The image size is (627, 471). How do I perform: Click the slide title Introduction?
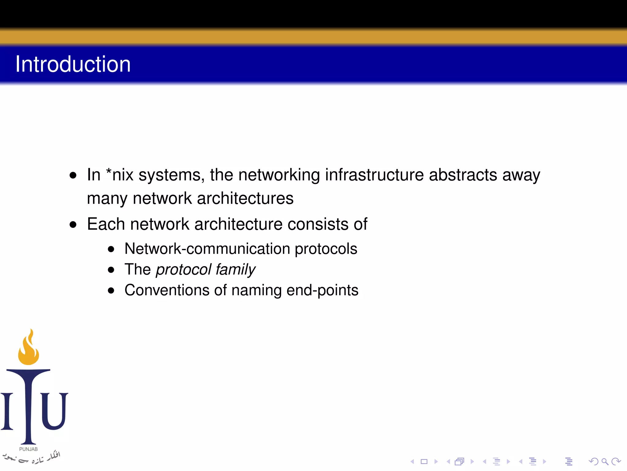coord(73,64)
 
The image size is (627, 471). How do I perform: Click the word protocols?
coord(326,249)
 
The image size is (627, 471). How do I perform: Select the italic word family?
coord(235,270)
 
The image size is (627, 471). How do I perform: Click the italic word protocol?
coord(183,270)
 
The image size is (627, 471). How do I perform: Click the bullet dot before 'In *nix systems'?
coord(73,175)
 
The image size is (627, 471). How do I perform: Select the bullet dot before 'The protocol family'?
coord(111,270)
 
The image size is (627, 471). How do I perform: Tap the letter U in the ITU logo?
coord(54,411)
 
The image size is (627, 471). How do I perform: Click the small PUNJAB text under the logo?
coord(28,449)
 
